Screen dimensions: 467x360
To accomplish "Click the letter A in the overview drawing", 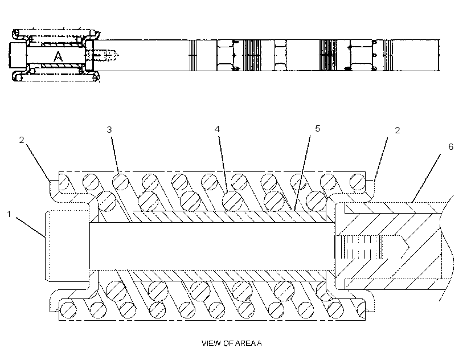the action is pyautogui.click(x=58, y=56).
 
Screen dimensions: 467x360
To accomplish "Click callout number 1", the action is pyautogui.click(x=9, y=214).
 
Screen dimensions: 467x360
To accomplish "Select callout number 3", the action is pyautogui.click(x=109, y=129).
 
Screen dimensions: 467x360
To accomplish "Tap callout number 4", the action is pyautogui.click(x=217, y=129).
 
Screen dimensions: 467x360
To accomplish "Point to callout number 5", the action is pyautogui.click(x=317, y=128).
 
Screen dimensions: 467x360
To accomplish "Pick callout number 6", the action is pyautogui.click(x=451, y=146).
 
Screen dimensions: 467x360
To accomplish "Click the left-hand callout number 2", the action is pyautogui.click(x=22, y=140).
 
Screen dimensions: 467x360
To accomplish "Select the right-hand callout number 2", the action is pyautogui.click(x=398, y=130).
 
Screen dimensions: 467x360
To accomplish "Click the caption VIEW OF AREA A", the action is pyautogui.click(x=232, y=343).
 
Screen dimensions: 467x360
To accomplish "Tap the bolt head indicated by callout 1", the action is pyautogui.click(x=67, y=246).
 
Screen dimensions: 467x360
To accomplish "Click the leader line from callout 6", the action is pyautogui.click(x=427, y=178).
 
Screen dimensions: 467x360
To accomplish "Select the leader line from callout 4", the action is pyautogui.click(x=223, y=165).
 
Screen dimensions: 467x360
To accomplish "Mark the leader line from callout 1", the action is pyautogui.click(x=31, y=227).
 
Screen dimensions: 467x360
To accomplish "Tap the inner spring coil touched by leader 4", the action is pyautogui.click(x=232, y=201).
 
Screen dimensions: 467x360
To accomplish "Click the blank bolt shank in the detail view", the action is pyautogui.click(x=212, y=247).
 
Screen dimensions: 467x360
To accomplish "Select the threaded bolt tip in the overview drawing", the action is pyautogui.click(x=106, y=55).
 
